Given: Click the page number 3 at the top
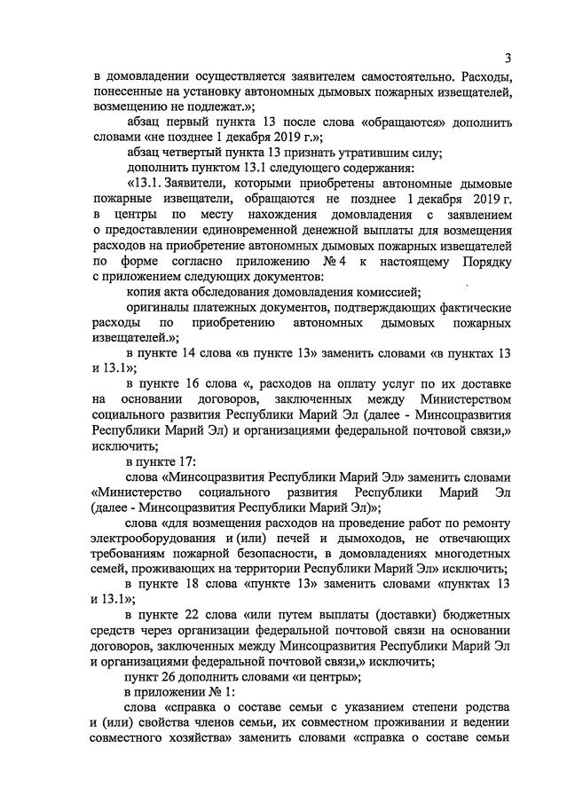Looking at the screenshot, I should [507, 59].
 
